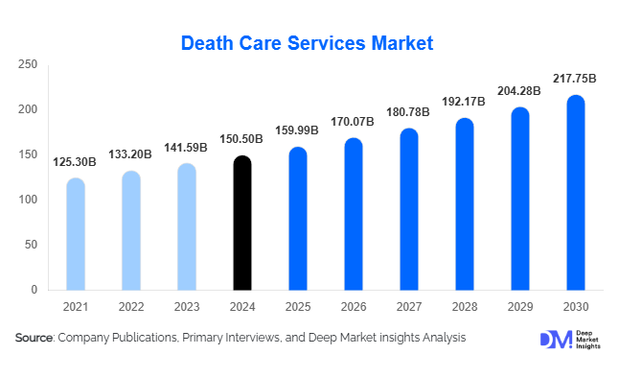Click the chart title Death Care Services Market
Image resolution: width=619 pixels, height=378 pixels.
click(x=308, y=42)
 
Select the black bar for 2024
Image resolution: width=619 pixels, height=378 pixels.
click(x=243, y=223)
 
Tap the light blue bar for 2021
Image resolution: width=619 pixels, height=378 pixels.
click(x=76, y=234)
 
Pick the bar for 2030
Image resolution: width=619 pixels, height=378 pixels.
click(x=576, y=192)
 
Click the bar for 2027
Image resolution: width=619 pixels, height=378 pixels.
click(x=409, y=209)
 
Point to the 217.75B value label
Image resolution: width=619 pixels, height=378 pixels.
click(x=576, y=78)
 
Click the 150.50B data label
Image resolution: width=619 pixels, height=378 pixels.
click(x=243, y=139)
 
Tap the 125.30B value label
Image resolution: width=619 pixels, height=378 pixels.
click(x=76, y=162)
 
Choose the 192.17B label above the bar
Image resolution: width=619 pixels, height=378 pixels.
click(x=465, y=102)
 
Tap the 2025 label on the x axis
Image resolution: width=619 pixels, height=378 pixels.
click(x=299, y=307)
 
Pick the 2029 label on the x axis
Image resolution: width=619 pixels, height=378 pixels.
click(x=520, y=307)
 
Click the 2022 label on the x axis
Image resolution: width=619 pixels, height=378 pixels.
click(x=132, y=307)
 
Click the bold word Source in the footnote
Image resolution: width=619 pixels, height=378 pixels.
click(x=34, y=338)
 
